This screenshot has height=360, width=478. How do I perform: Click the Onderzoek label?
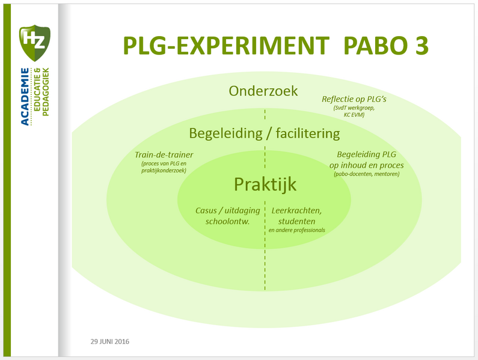[263, 91]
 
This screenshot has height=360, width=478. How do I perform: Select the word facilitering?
[306, 133]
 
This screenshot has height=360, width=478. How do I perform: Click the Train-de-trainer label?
[164, 154]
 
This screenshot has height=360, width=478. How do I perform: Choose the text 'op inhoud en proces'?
[366, 165]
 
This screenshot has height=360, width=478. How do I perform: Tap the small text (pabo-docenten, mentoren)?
[366, 174]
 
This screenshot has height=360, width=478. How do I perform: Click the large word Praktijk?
[265, 185]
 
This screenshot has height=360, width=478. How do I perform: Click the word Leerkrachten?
[296, 211]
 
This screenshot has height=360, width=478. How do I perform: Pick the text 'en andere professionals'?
[296, 230]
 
